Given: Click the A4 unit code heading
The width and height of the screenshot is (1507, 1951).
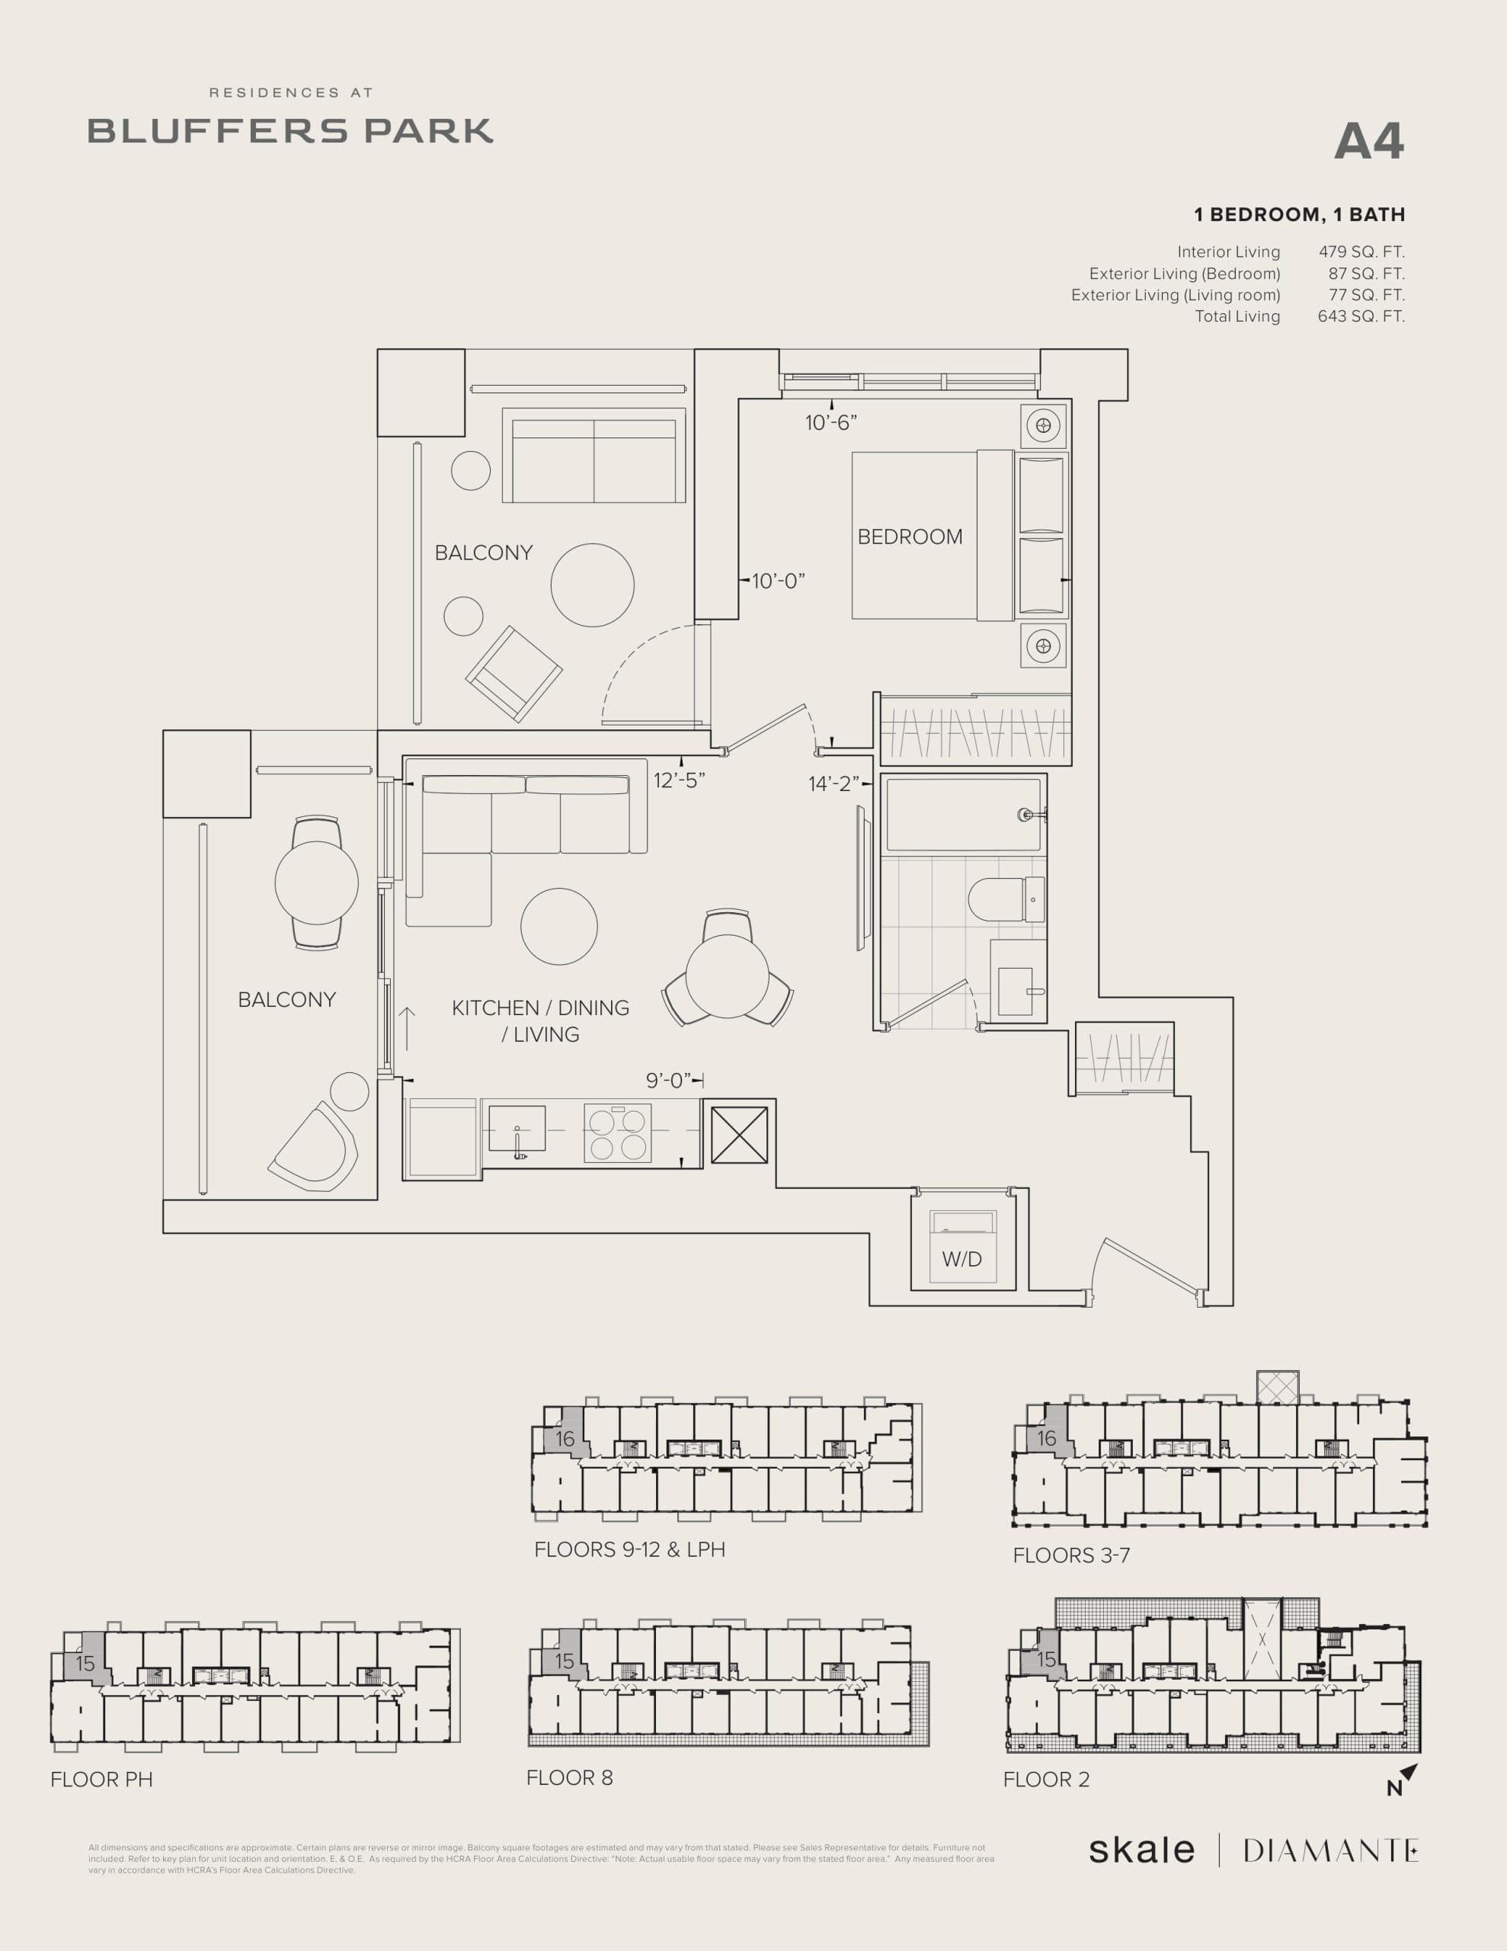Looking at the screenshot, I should click(1368, 142).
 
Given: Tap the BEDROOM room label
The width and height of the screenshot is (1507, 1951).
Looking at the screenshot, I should click(910, 537).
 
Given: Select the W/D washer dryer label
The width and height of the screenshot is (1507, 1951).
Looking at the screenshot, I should click(961, 1260).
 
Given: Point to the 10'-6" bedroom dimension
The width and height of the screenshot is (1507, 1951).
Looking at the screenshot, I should click(830, 422).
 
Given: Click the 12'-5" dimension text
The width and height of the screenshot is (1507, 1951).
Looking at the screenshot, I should click(679, 780).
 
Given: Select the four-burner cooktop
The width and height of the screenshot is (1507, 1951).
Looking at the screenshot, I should click(617, 1133).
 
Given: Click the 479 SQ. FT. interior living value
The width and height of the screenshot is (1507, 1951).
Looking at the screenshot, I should click(1361, 252).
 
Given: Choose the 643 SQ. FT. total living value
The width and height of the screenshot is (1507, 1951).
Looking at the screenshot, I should click(1361, 316).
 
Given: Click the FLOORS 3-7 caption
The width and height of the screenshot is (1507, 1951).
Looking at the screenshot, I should click(1071, 1555).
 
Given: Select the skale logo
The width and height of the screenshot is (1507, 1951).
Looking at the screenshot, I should click(1141, 1850).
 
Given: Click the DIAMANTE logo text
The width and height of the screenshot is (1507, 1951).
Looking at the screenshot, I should click(1329, 1850).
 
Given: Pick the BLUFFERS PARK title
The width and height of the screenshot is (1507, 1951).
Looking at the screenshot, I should click(290, 130).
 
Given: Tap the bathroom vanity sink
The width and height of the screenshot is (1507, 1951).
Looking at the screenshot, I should click(1016, 991).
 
